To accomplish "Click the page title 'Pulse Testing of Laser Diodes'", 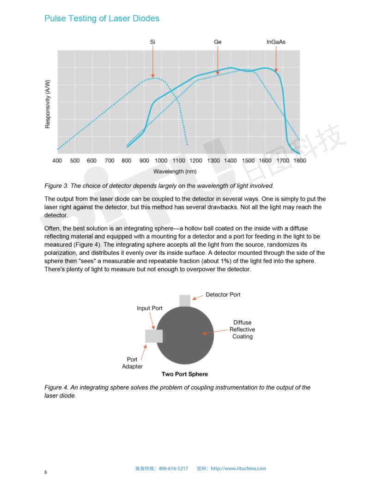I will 102,18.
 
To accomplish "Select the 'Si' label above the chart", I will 152,42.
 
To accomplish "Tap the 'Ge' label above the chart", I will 218,42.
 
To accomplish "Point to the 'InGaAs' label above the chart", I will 276,42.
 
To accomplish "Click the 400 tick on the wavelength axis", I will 57,161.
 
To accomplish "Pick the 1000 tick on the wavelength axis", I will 161,161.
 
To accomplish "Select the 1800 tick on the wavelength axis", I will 299,161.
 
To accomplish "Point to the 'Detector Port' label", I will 223,294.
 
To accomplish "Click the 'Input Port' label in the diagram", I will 149,308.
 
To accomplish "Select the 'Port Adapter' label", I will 132,363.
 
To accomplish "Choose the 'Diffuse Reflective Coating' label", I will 242,329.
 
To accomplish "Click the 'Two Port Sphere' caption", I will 184,374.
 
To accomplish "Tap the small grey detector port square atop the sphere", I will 185,300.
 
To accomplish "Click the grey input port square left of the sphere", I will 153,336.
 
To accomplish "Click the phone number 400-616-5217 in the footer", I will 173,469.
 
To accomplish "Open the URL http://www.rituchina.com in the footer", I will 238,469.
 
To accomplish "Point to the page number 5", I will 46,472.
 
